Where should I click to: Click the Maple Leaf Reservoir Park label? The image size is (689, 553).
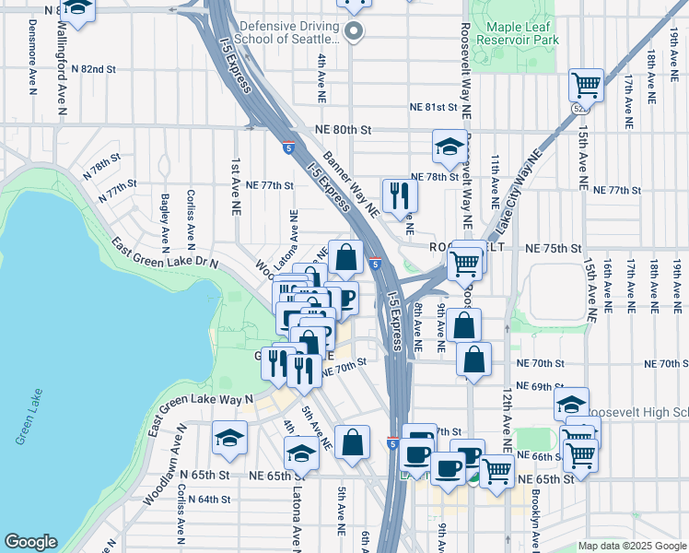tap(514, 29)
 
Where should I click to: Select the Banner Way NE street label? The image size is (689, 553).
tap(350, 182)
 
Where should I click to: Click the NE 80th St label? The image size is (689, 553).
tap(343, 131)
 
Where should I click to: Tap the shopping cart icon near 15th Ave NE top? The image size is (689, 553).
tap(586, 86)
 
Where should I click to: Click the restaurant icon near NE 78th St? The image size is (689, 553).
tap(400, 194)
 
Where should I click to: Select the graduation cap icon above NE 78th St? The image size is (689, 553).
tap(449, 146)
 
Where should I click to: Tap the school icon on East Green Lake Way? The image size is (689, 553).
tap(229, 439)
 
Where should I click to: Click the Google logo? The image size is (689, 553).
tap(30, 542)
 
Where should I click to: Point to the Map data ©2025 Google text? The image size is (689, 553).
tap(632, 546)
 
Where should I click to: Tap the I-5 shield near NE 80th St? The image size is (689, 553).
tap(288, 147)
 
